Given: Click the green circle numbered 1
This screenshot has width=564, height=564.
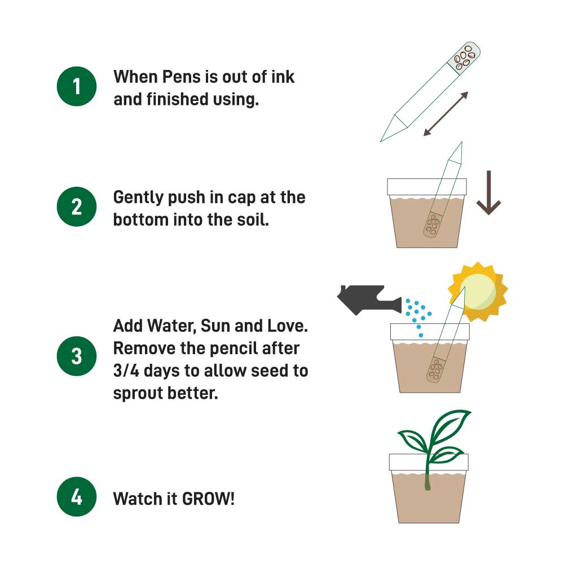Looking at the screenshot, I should (77, 86).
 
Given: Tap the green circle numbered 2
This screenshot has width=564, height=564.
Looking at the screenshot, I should (77, 207).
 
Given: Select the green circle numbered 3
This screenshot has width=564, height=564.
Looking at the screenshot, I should (77, 356).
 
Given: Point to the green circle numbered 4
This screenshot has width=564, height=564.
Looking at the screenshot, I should (77, 498).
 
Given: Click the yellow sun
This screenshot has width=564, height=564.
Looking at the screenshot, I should (478, 292).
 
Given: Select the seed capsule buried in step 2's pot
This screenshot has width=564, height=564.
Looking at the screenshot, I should (433, 224).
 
